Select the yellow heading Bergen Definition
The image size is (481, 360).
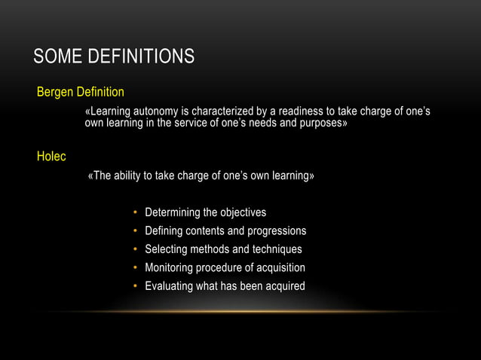pos(81,92)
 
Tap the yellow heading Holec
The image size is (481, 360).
pos(51,157)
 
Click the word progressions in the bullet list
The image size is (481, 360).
pos(278,231)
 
